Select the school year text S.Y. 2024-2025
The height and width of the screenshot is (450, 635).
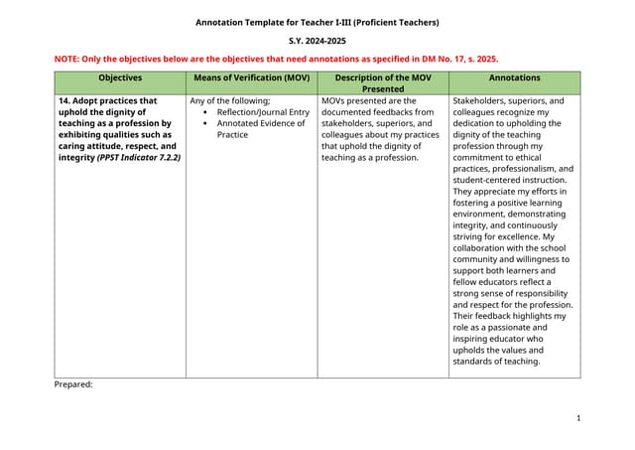click(317, 42)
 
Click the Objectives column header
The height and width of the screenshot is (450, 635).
click(120, 77)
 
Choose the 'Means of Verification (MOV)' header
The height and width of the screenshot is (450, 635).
click(251, 77)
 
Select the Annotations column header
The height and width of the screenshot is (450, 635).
click(514, 77)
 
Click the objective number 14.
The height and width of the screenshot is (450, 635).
click(63, 100)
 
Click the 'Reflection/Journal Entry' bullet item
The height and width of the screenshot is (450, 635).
click(263, 112)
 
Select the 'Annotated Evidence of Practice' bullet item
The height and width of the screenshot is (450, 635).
click(261, 128)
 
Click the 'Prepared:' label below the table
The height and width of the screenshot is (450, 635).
click(72, 383)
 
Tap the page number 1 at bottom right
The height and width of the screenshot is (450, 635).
click(577, 418)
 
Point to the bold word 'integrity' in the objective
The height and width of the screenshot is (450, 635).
click(75, 158)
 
